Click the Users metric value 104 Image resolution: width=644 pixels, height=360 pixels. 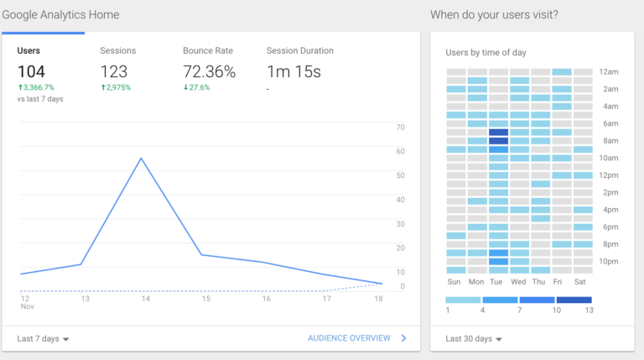point(31,72)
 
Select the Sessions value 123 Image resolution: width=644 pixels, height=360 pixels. point(114,72)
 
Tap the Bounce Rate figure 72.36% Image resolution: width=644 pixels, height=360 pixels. point(210,72)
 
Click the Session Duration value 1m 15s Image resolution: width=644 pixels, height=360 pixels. point(293,72)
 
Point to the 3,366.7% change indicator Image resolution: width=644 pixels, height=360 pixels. point(38,87)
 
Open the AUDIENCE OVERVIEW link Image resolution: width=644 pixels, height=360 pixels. point(349,338)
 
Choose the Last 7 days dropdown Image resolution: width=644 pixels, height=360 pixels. point(43,339)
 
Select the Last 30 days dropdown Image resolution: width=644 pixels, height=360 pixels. point(474,339)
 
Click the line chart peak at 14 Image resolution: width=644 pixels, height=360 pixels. point(142,158)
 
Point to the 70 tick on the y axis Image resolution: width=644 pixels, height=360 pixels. point(400,128)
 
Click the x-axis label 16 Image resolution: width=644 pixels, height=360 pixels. point(266,299)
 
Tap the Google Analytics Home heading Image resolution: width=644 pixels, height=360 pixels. point(60,15)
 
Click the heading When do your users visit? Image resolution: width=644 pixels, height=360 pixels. point(494,15)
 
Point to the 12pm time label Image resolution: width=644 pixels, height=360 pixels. point(609,175)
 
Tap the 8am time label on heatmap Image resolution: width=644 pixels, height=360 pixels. point(609,141)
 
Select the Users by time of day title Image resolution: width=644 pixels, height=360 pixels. point(486,53)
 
